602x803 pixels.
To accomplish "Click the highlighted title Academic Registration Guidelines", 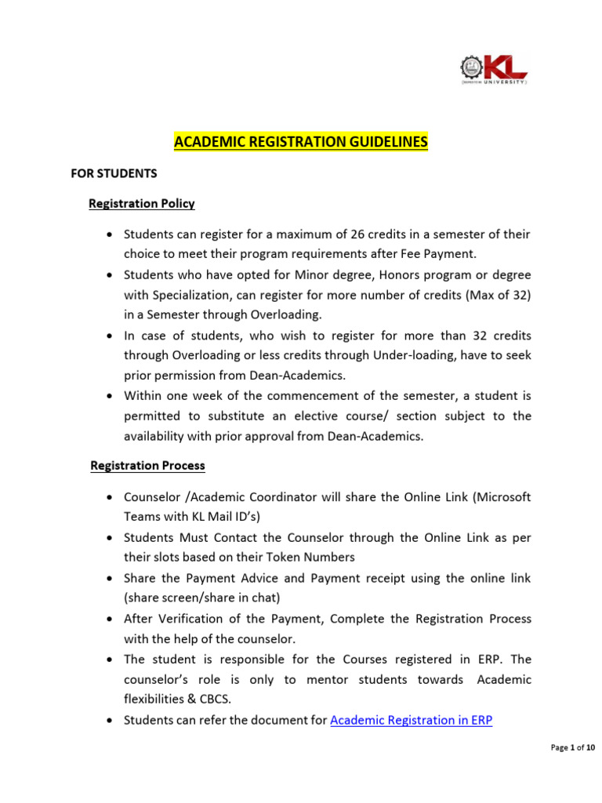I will [x=300, y=142].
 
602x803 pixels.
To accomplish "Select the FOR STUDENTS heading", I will [x=114, y=173].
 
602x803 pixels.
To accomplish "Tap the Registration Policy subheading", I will [x=142, y=204].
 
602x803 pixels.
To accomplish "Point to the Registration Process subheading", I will [x=147, y=466].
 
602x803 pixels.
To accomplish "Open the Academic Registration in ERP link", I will [x=411, y=720].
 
